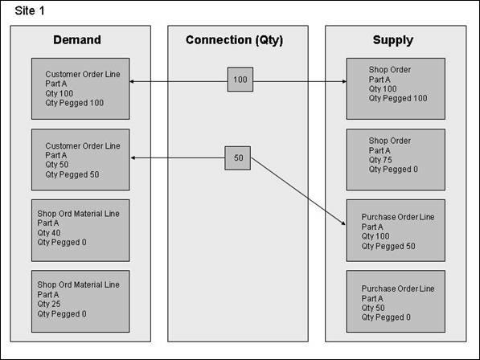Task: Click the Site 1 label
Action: (x=30, y=11)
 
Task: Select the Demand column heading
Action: (x=77, y=39)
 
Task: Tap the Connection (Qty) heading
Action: (x=235, y=40)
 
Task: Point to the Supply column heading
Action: (x=393, y=40)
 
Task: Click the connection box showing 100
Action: (x=240, y=80)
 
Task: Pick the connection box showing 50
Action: (x=238, y=157)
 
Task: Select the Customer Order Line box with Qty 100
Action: (x=80, y=88)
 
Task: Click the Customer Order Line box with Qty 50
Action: (x=80, y=160)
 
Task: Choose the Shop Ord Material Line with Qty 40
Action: (x=80, y=231)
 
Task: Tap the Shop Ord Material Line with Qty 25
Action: (x=80, y=301)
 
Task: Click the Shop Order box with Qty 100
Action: (x=396, y=88)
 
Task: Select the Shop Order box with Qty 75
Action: (x=396, y=160)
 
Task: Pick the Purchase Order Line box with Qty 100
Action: (x=396, y=231)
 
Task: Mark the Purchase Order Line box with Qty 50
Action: (x=396, y=301)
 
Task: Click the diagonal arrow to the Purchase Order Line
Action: (x=298, y=191)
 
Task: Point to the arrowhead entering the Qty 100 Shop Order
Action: (x=344, y=81)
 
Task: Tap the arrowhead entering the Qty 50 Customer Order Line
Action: (x=133, y=157)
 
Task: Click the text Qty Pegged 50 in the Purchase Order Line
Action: (x=388, y=246)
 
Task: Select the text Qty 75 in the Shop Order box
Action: (x=380, y=160)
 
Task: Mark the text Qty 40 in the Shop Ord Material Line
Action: (x=49, y=233)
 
